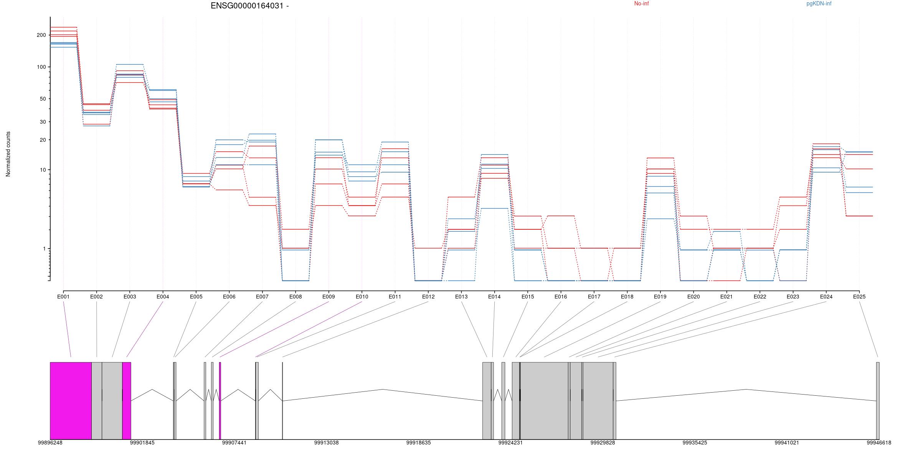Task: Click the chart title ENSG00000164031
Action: pyautogui.click(x=249, y=6)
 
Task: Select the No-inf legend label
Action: pyautogui.click(x=641, y=4)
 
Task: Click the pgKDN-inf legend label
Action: pyautogui.click(x=819, y=4)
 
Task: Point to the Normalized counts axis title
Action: pyautogui.click(x=8, y=154)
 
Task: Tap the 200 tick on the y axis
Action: pyautogui.click(x=41, y=35)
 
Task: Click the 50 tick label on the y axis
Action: pyautogui.click(x=42, y=99)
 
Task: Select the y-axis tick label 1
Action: pyautogui.click(x=44, y=249)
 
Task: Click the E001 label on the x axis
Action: pyautogui.click(x=63, y=297)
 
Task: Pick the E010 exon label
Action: pyautogui.click(x=361, y=297)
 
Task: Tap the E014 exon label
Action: pyautogui.click(x=494, y=297)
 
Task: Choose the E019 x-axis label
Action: pyautogui.click(x=660, y=297)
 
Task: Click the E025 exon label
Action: pyautogui.click(x=859, y=297)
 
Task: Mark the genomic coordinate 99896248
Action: pyautogui.click(x=50, y=443)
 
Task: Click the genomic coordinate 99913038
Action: pyautogui.click(x=326, y=443)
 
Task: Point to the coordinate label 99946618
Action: pyautogui.click(x=879, y=443)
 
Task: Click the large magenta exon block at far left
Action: pyautogui.click(x=71, y=400)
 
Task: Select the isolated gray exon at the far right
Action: pyautogui.click(x=878, y=400)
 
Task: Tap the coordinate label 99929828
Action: pyautogui.click(x=602, y=443)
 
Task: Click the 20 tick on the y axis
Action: pyautogui.click(x=42, y=140)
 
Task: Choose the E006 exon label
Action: pyautogui.click(x=229, y=297)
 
